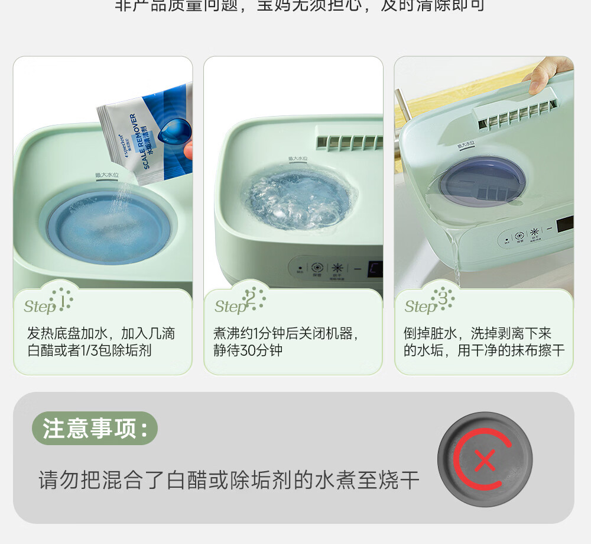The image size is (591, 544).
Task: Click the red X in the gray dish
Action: coord(485,460)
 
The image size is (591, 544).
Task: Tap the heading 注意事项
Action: coord(95,428)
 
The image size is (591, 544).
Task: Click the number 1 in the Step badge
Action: coord(61,301)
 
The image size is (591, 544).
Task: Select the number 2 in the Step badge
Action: coord(251,298)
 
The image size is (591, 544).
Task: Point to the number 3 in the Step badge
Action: coord(443,298)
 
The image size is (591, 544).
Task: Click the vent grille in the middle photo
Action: coord(349,142)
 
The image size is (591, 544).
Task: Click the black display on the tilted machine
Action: coord(565,224)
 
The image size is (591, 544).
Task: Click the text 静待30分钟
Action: coord(248,350)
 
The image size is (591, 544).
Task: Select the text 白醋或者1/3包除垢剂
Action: coord(89,350)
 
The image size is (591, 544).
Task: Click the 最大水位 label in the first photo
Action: coord(107,176)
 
